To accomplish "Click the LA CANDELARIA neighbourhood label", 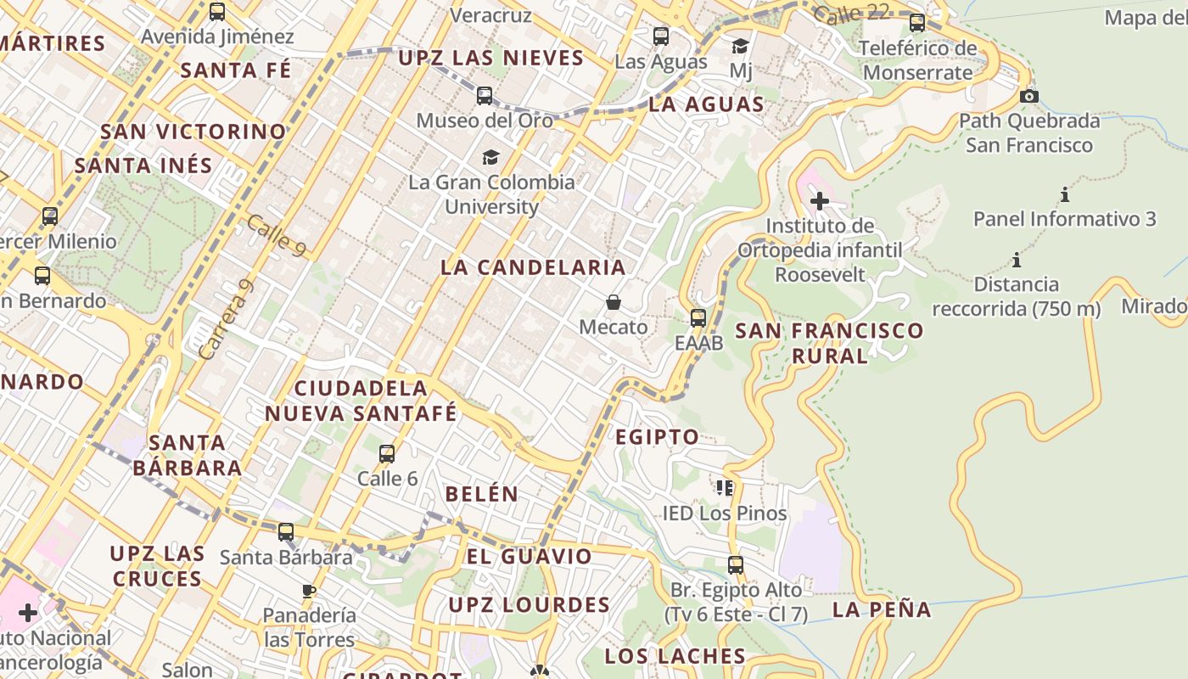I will [x=533, y=267].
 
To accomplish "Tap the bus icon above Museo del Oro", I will [x=485, y=96].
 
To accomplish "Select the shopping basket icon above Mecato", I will [x=613, y=302].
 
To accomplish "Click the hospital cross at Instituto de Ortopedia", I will [x=820, y=201].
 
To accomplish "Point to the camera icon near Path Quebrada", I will [x=1029, y=96].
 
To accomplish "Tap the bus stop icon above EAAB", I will [x=698, y=318].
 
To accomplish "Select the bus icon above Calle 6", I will [x=387, y=454].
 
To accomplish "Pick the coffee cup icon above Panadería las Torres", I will [x=308, y=591].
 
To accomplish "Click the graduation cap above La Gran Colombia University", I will [x=490, y=157].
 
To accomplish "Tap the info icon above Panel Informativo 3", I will [x=1064, y=195].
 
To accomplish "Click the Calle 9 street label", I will [x=276, y=235].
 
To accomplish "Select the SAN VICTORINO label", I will [x=193, y=132].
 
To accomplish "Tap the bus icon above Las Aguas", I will [x=661, y=36].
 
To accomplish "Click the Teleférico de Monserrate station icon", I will [x=917, y=23].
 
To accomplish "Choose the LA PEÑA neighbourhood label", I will [x=882, y=609].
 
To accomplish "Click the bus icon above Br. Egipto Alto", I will [x=736, y=564].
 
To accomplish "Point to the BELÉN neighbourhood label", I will [x=481, y=494].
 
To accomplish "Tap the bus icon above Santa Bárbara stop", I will [x=286, y=532].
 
